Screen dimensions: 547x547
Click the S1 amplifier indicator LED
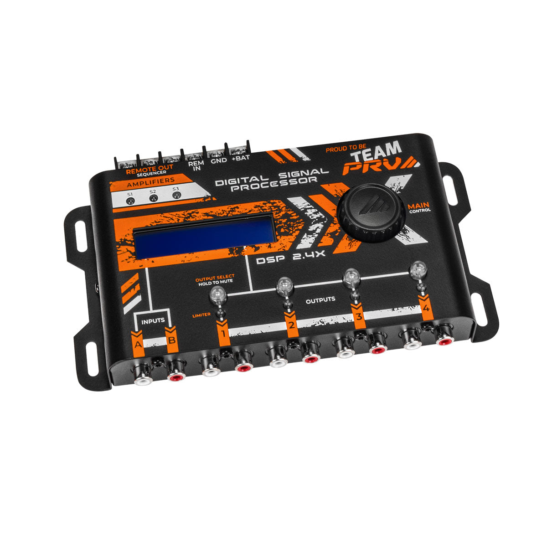130,201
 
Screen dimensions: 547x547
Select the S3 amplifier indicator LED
176,195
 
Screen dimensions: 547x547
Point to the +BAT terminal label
241,158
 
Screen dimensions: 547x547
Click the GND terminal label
219,160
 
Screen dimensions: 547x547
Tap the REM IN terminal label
196,165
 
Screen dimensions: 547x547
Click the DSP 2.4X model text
290,258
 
